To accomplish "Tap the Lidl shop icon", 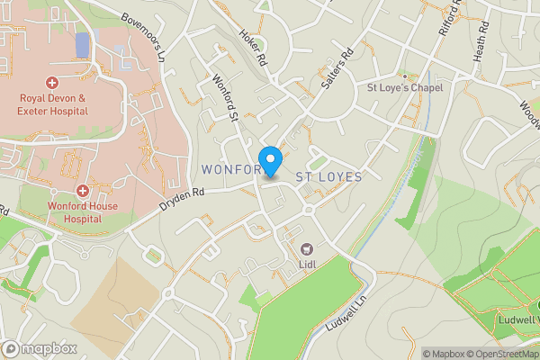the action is (x=305, y=247).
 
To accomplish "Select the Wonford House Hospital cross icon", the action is (x=82, y=191).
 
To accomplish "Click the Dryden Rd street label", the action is (x=182, y=198).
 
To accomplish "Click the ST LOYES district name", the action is (x=328, y=177).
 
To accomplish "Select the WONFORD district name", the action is (x=232, y=169).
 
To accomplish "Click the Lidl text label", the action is (x=306, y=265).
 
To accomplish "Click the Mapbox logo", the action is (x=38, y=348).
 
